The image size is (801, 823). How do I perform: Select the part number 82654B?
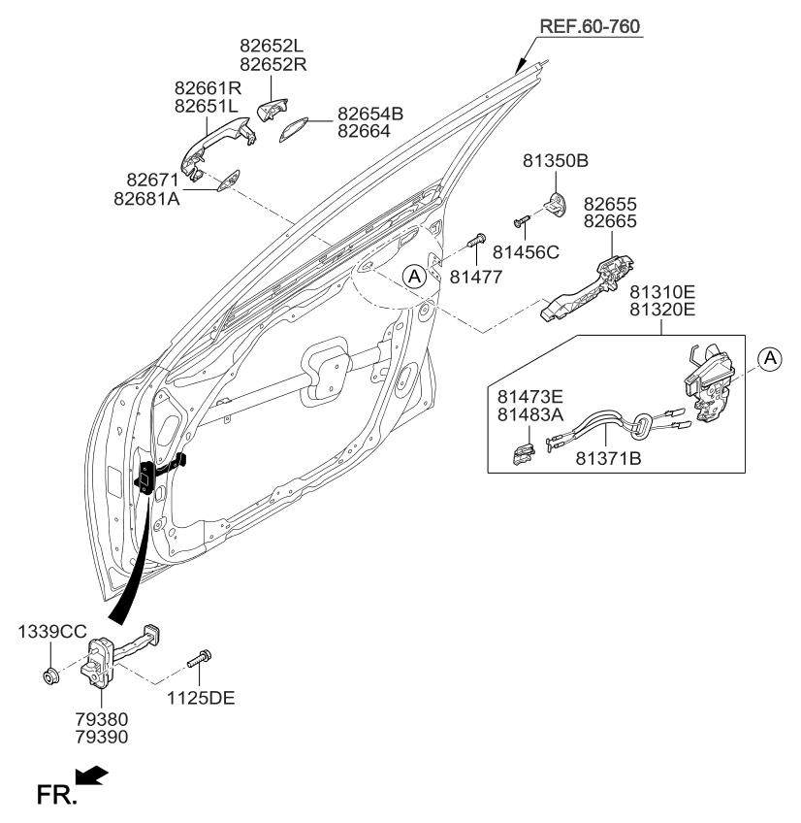point(370,114)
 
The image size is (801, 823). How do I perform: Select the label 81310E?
point(662,291)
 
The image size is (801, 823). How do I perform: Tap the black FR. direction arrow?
point(92,777)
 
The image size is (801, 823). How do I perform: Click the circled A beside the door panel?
point(414,277)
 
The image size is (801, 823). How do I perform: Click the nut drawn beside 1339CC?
point(49,675)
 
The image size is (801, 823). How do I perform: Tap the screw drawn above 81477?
point(477,239)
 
